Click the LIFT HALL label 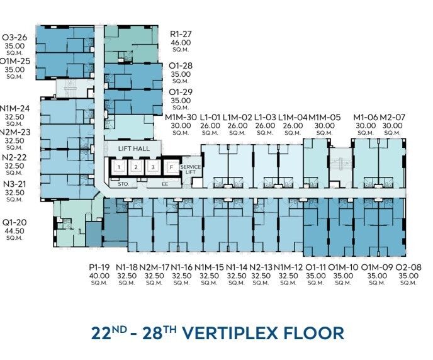click(x=134, y=149)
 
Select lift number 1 click(x=119, y=167)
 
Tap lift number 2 click(x=136, y=167)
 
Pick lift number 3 click(x=153, y=167)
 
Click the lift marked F click(x=171, y=167)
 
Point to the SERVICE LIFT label click(x=191, y=169)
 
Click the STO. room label click(x=123, y=184)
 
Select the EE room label click(x=165, y=184)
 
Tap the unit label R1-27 click(x=181, y=34)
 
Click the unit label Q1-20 click(x=14, y=223)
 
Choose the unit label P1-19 click(x=99, y=267)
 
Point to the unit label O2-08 click(x=408, y=267)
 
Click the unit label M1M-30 click(x=181, y=117)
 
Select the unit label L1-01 click(x=210, y=117)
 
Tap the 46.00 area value click(x=181, y=43)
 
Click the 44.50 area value click(x=14, y=231)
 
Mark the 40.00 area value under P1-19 click(x=99, y=276)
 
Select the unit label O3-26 click(x=14, y=37)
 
